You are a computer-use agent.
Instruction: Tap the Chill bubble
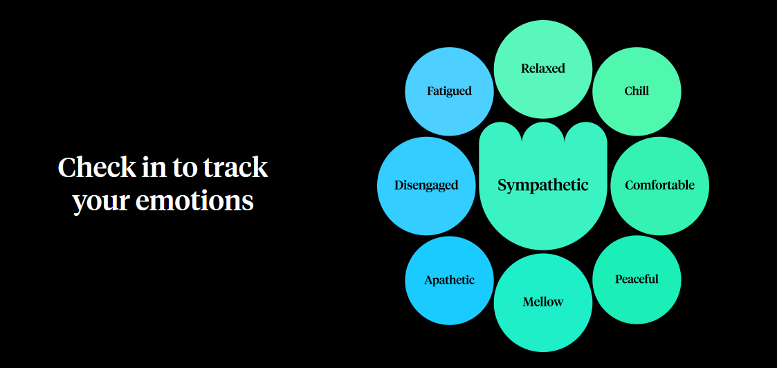[x=637, y=91]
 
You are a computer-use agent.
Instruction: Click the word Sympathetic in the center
[x=543, y=185]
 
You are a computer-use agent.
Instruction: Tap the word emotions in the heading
[x=195, y=201]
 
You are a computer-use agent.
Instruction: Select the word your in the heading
[x=102, y=201]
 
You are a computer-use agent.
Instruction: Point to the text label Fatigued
[x=449, y=91]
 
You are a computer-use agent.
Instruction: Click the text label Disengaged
[x=426, y=185]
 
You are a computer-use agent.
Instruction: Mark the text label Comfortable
[x=659, y=185]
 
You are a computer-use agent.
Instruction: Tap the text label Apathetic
[x=449, y=280]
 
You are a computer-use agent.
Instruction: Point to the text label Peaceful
[x=637, y=279]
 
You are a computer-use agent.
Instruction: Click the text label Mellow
[x=543, y=302]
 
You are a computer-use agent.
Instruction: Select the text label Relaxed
[x=543, y=68]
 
